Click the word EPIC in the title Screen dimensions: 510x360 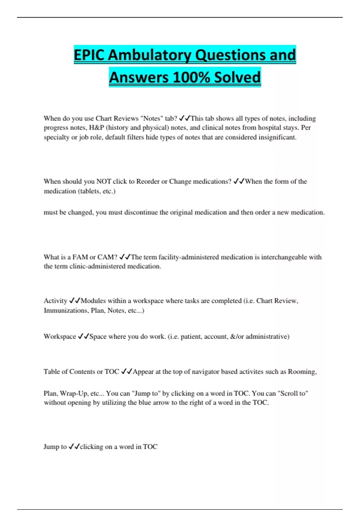89,55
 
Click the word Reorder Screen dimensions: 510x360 148,181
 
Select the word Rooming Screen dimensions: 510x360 302,372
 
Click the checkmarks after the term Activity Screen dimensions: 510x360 75,301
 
